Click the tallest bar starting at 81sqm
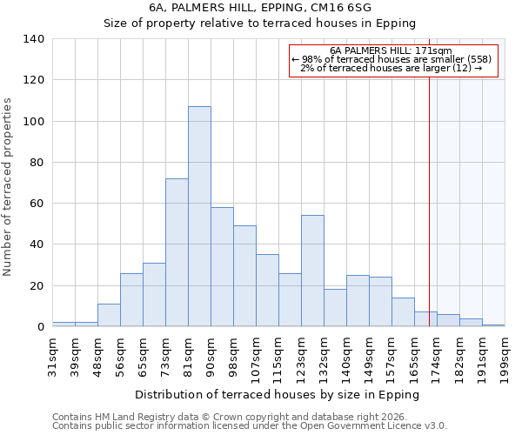[199, 217]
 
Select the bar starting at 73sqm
[177, 252]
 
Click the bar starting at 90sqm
[222, 267]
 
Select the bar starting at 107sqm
[267, 291]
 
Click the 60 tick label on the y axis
[36, 204]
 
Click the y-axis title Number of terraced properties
[9, 187]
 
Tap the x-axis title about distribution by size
[278, 395]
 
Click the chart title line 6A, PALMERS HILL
[260, 7]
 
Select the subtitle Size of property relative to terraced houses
[260, 23]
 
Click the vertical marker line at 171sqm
[429, 200]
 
